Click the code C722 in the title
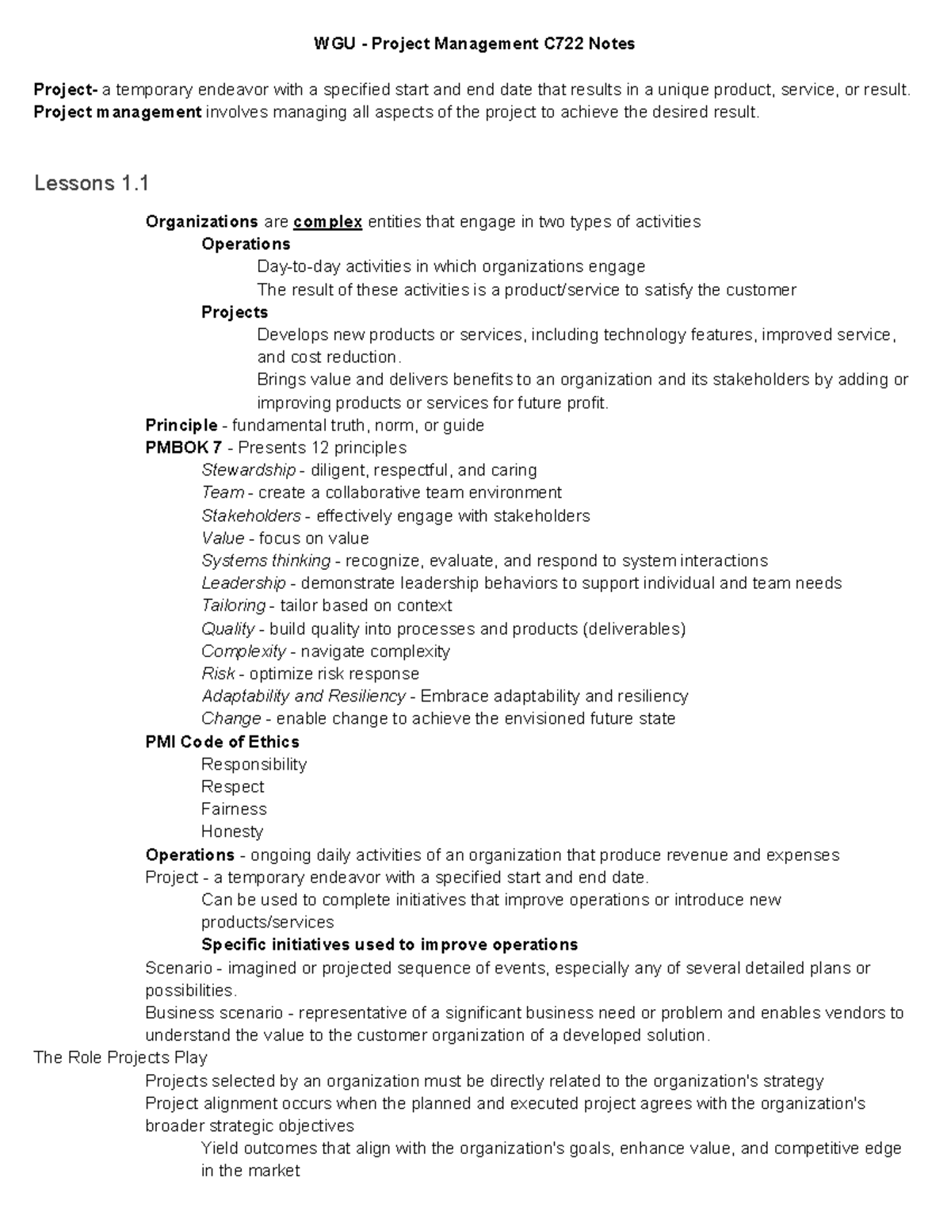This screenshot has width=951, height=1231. pyautogui.click(x=563, y=44)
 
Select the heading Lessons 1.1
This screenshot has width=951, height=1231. pyautogui.click(x=91, y=184)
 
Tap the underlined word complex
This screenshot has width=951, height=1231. pyautogui.click(x=327, y=222)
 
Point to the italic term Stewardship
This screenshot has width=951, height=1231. pyautogui.click(x=248, y=470)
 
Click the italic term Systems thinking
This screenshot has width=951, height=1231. pyautogui.click(x=265, y=560)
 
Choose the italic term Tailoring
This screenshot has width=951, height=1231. pyautogui.click(x=233, y=606)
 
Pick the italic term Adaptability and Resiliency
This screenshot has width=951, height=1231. pyautogui.click(x=303, y=696)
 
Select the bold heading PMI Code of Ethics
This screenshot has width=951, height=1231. pyautogui.click(x=223, y=742)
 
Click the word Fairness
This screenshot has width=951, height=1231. pyautogui.click(x=234, y=809)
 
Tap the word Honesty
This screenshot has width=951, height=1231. pyautogui.click(x=232, y=831)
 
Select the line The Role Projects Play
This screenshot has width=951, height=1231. pyautogui.click(x=120, y=1057)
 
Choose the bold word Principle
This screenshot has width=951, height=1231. pyautogui.click(x=181, y=426)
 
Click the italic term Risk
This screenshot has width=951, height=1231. pyautogui.click(x=218, y=674)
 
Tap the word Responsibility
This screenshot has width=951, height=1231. pyautogui.click(x=254, y=764)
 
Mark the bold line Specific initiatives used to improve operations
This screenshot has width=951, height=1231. pyautogui.click(x=389, y=945)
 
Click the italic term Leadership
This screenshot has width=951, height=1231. pyautogui.click(x=243, y=583)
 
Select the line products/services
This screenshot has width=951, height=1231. pyautogui.click(x=267, y=923)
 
